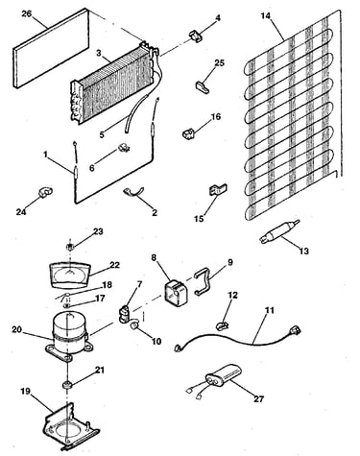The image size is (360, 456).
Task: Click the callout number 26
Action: (x=27, y=14)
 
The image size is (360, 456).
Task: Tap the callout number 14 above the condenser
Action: (x=266, y=15)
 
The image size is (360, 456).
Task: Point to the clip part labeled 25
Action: (x=202, y=87)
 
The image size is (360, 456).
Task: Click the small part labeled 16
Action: (x=189, y=133)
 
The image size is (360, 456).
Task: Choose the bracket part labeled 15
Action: (x=218, y=189)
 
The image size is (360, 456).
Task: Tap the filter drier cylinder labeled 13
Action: (x=278, y=234)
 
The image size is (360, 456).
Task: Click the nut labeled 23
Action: (x=70, y=247)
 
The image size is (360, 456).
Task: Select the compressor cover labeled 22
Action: (x=69, y=276)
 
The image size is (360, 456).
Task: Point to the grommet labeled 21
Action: (x=67, y=384)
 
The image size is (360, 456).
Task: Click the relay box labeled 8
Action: (x=176, y=293)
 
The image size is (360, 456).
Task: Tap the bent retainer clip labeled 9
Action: (x=204, y=280)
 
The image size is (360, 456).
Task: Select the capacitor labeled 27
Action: (x=224, y=376)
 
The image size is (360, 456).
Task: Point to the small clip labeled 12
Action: (x=223, y=325)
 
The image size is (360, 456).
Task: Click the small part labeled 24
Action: (x=45, y=191)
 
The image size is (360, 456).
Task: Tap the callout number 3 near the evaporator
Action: (x=99, y=54)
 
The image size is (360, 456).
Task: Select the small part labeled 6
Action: (x=123, y=148)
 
